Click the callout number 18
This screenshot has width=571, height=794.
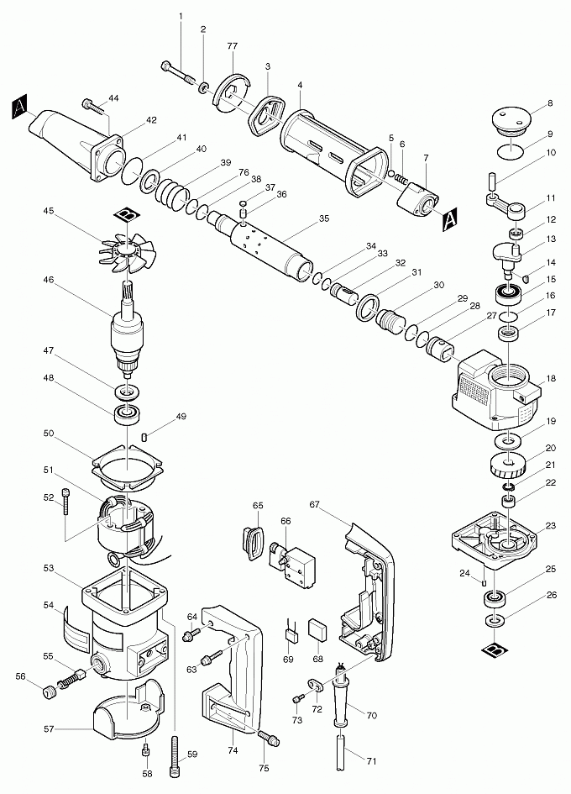pos(551,379)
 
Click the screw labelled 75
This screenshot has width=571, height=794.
pos(270,739)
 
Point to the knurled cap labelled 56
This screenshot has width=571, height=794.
pos(50,691)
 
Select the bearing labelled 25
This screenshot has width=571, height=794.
pos(495,600)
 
